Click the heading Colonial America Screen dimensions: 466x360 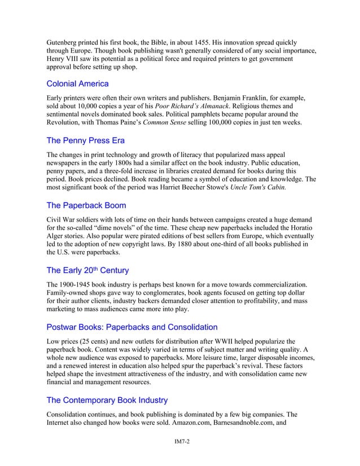77,84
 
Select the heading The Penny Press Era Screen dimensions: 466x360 85,140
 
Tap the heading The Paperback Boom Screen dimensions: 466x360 86,205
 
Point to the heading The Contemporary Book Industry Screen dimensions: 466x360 107,400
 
